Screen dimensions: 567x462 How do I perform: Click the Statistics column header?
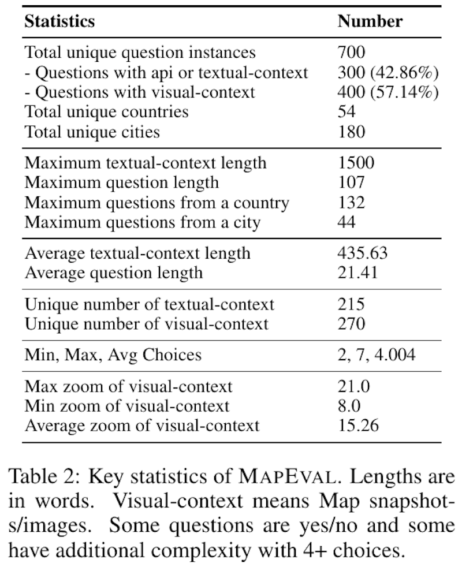[59, 22]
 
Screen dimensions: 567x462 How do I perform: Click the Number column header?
[370, 22]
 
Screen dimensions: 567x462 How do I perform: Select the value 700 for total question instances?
[352, 53]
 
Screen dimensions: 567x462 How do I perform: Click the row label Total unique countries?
[106, 111]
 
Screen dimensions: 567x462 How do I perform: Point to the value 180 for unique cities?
[352, 131]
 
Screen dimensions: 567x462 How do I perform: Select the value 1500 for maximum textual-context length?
[356, 163]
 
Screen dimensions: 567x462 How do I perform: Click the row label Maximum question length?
[122, 182]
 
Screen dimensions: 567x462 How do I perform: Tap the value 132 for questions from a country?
[352, 202]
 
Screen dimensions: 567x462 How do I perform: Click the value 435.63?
[366, 253]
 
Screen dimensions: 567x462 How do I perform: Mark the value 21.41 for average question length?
[358, 272]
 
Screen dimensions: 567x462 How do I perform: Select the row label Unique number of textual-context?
[150, 304]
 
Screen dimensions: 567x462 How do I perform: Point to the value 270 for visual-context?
[352, 323]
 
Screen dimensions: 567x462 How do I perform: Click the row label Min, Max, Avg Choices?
[113, 354]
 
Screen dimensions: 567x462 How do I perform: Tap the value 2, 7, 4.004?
[376, 354]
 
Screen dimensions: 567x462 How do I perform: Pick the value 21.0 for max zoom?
[353, 386]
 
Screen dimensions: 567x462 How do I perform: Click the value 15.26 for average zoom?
[358, 426]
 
